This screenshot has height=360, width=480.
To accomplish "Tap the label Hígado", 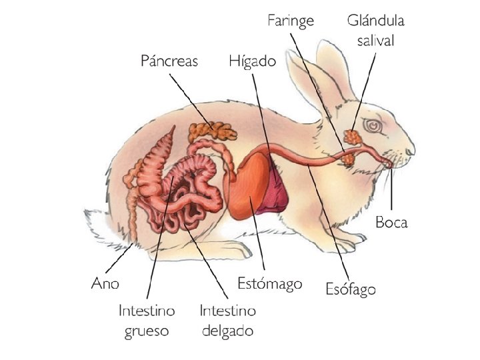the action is [252, 61].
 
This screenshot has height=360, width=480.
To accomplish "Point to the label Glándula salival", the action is [375, 30].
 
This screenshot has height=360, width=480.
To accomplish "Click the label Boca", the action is [391, 222].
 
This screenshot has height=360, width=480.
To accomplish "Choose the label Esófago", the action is [351, 289].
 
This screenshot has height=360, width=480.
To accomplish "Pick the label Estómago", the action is [270, 283].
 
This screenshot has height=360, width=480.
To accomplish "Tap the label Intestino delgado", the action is [227, 320].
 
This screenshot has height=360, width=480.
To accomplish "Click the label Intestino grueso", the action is [147, 320].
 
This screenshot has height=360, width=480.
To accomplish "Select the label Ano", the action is [105, 283].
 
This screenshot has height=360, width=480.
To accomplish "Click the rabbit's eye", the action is [371, 125].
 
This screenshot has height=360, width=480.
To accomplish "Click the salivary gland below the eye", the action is [351, 137].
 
